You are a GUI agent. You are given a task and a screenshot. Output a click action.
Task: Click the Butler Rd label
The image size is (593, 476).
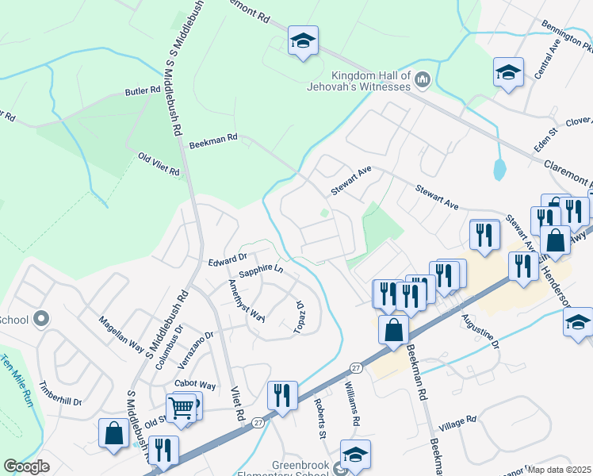(x=142, y=92)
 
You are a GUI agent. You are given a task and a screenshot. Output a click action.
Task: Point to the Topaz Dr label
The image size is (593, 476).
(x=300, y=316)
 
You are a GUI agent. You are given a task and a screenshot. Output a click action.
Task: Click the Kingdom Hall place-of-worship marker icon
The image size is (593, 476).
(x=422, y=79)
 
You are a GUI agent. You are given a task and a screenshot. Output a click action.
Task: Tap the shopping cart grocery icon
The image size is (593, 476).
(x=182, y=408)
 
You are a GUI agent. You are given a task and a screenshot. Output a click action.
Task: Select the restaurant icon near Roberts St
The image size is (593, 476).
(x=283, y=393)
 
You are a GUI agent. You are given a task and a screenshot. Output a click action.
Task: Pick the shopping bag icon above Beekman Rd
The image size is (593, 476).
(x=393, y=328)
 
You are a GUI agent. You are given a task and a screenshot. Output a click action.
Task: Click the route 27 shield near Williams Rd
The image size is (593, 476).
(x=356, y=367)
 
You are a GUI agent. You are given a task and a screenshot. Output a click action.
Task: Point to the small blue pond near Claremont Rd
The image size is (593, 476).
(x=499, y=169)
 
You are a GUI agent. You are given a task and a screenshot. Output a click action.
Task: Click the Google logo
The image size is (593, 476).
(x=27, y=466)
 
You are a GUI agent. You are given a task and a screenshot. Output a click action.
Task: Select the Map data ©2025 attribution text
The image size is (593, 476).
(x=560, y=470)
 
